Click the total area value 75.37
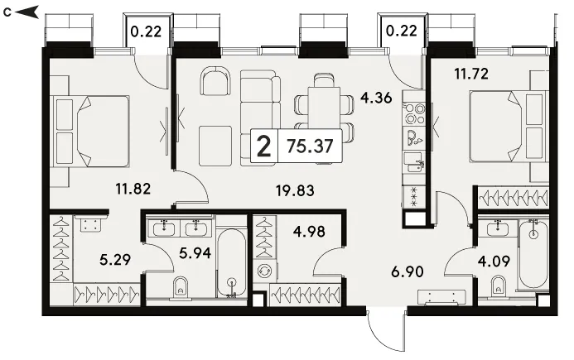point(310,146)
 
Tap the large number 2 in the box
point(264,146)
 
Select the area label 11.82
point(133,190)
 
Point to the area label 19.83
point(295,190)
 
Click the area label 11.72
point(471,74)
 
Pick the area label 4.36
point(376,98)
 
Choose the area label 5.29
point(115,260)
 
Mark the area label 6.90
point(408,271)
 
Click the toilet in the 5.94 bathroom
point(180,288)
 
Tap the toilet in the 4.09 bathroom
point(498,287)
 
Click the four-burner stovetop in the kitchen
point(414,113)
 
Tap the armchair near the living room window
point(216,81)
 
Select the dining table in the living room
point(325,108)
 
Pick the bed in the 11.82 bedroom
point(91,131)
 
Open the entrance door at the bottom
point(387,331)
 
